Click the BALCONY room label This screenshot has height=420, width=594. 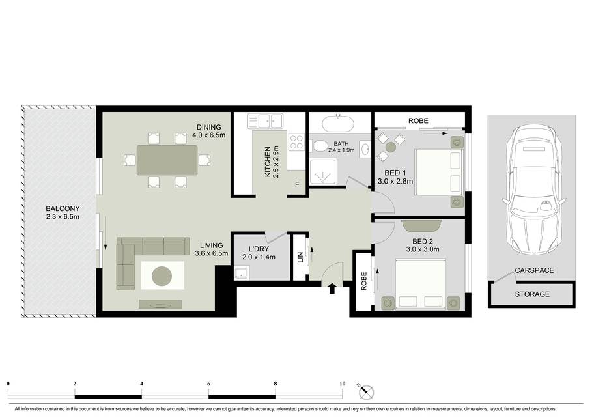tap(63, 208)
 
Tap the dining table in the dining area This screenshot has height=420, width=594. tap(167, 160)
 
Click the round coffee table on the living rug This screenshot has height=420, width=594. tap(162, 275)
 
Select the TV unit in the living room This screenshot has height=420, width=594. tap(160, 304)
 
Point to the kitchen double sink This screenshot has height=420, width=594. tap(265, 121)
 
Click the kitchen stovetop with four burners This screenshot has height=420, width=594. tap(296, 143)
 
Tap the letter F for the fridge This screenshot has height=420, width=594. tap(297, 184)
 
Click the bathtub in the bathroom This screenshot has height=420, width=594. tap(338, 124)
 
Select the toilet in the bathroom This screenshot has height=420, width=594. tap(319, 146)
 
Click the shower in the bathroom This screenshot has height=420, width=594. tap(323, 172)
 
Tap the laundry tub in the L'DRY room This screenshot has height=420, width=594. tap(242, 273)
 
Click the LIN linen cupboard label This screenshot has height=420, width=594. tap(300, 257)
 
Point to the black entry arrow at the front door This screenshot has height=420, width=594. tap(332, 288)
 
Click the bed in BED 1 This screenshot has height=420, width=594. tap(440, 173)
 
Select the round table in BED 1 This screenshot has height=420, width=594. tap(391, 147)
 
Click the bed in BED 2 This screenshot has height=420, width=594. tap(420, 284)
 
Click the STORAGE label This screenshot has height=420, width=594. tap(532, 294)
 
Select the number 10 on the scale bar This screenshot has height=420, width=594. tap(342, 384)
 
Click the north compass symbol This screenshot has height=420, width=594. tap(366, 391)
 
